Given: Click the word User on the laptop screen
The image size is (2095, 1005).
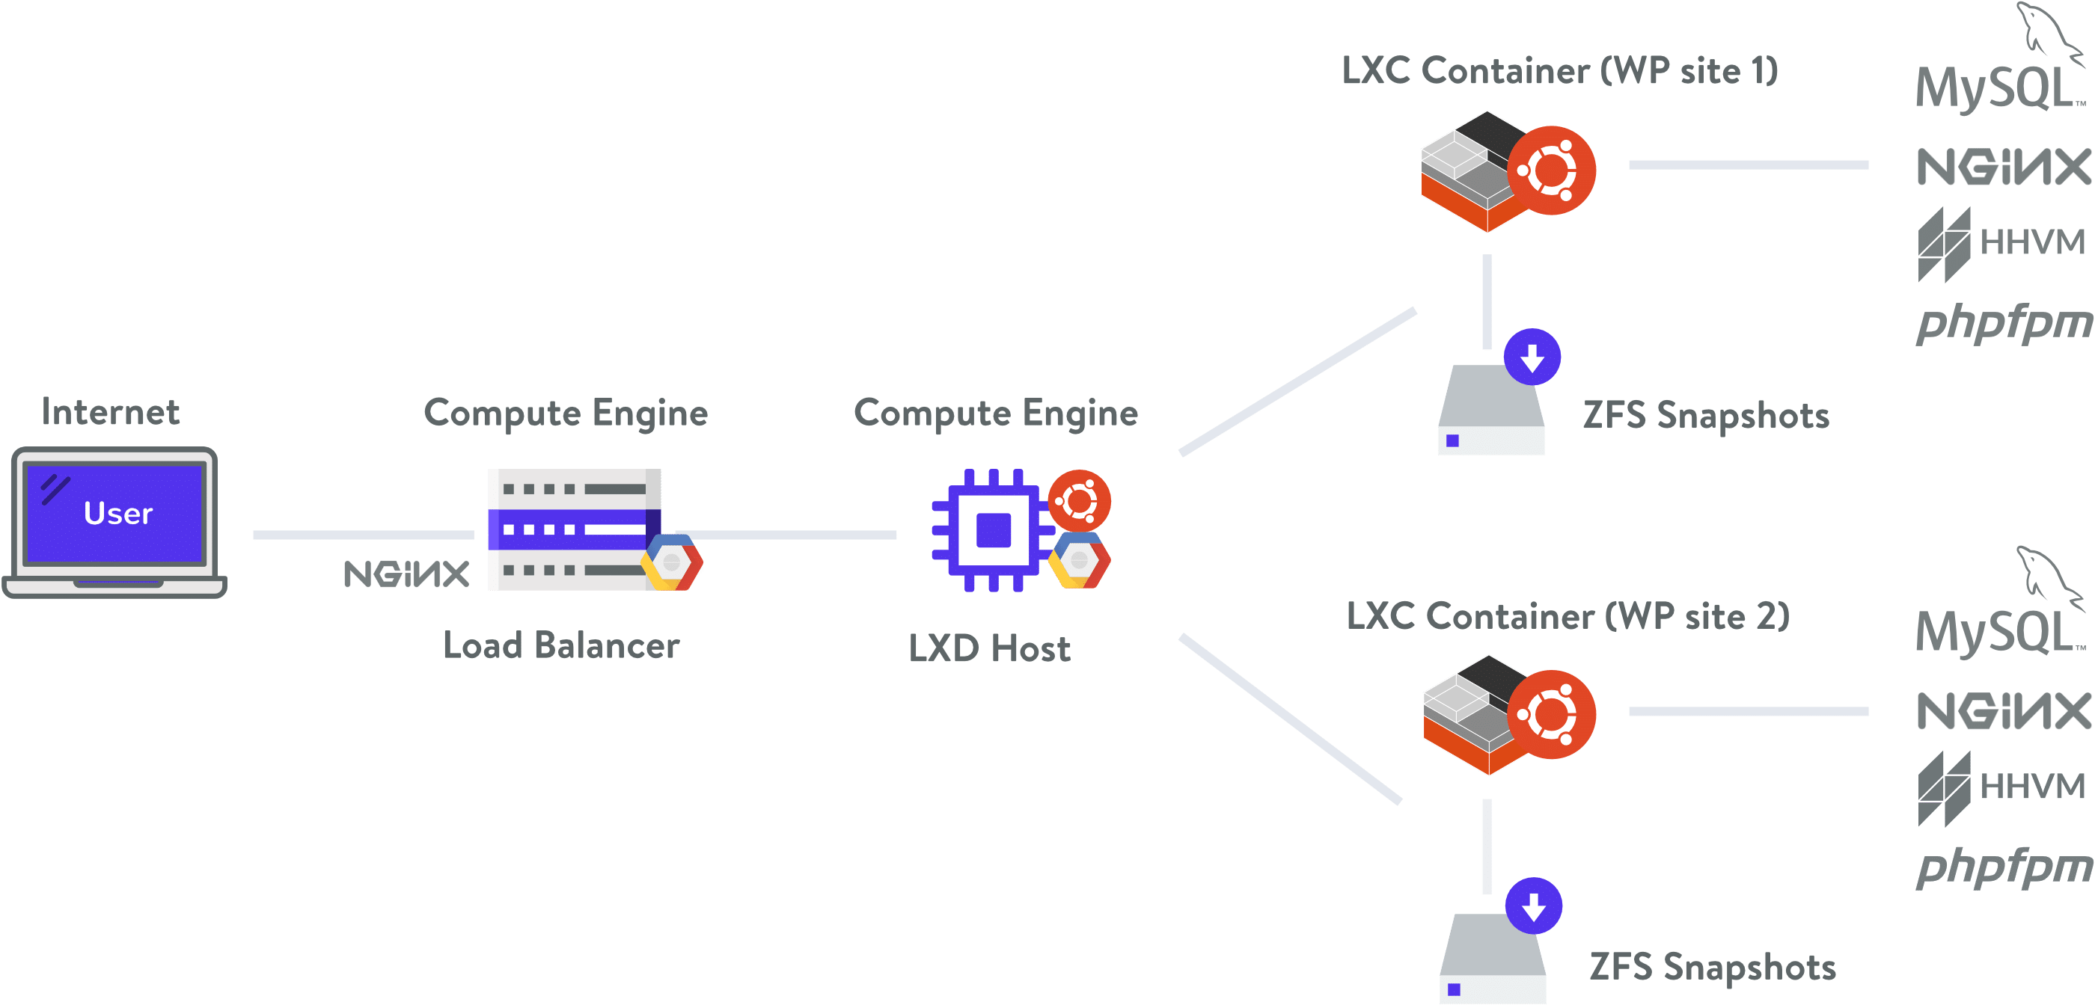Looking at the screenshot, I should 118,514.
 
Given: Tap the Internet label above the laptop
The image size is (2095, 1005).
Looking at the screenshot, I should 111,412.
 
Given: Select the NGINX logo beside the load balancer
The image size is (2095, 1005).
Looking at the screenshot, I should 406,574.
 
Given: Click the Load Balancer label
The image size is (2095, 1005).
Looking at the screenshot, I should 561,645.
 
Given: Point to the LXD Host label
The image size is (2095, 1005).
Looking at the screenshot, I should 990,649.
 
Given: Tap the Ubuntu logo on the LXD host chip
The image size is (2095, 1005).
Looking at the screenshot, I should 1079,500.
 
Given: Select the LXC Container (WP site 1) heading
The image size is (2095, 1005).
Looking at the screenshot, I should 1560,71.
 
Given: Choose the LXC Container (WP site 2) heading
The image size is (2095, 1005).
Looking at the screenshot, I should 1568,616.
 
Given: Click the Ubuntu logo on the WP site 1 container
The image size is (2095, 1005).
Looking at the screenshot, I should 1552,170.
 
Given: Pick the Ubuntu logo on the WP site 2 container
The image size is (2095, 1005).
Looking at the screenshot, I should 1552,715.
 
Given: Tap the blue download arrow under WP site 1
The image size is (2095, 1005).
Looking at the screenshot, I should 1532,357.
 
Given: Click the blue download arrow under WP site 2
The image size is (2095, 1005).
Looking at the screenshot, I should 1534,906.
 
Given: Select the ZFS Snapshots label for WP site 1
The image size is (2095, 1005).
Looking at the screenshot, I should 1706,416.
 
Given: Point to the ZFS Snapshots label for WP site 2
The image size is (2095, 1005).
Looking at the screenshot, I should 1713,968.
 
